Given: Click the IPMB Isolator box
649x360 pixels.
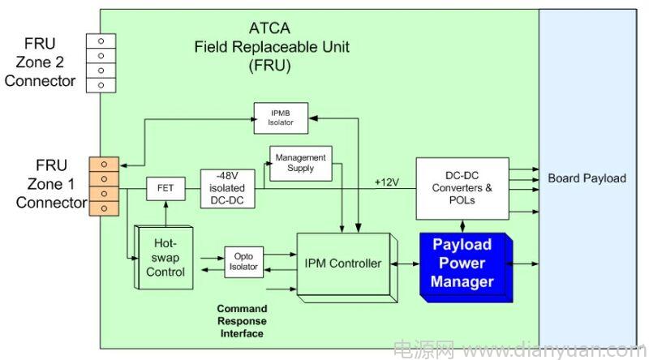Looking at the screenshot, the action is click(281, 118).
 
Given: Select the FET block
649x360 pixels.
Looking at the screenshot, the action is click(165, 188).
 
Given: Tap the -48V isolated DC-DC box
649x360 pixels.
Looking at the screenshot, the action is click(227, 188).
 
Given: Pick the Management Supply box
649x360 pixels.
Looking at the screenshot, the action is click(300, 163).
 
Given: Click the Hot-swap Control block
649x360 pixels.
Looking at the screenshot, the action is click(165, 257).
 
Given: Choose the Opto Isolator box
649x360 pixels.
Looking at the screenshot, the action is click(243, 262).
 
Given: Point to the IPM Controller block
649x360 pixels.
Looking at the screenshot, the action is click(344, 265).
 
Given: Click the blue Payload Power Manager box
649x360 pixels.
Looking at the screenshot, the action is click(466, 267).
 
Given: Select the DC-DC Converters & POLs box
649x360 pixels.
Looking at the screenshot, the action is click(462, 188).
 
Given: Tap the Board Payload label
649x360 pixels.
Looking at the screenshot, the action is click(587, 178).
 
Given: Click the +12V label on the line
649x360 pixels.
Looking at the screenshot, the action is click(387, 182).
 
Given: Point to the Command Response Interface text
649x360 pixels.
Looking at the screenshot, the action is click(242, 321).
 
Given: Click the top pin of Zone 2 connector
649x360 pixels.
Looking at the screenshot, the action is click(101, 41).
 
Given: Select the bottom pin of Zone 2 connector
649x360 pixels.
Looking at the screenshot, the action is click(101, 85).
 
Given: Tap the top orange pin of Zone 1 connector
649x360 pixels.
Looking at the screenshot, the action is click(104, 165).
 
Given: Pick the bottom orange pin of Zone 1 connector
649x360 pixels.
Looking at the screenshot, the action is click(104, 208).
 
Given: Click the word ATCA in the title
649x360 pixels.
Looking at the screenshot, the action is click(269, 28).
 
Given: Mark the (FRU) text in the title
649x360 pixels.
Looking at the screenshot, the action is click(269, 66).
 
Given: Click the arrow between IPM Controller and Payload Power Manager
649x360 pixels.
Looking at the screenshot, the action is click(405, 264).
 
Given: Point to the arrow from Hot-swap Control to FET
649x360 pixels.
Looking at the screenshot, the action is click(166, 213).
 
